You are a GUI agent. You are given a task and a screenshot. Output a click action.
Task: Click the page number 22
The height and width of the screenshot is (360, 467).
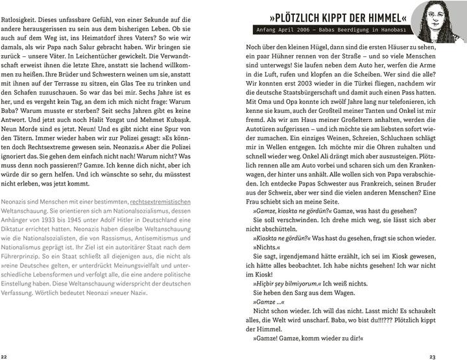pyautogui.click(x=5, y=356)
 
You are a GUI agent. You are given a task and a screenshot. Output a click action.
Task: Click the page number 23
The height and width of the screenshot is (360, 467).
pyautogui.click(x=461, y=356)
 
